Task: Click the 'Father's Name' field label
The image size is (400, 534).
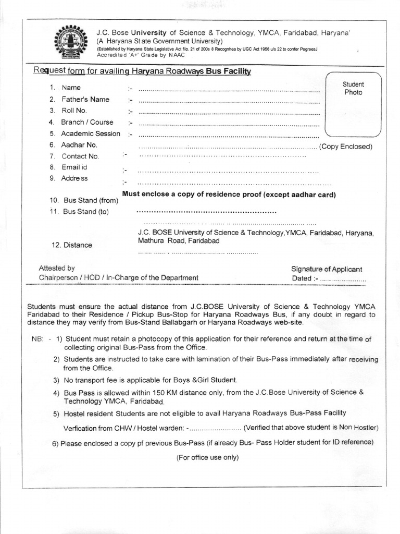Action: [x=85, y=99]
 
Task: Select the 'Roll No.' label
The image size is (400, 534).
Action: [x=74, y=111]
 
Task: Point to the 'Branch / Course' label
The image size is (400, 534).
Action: [x=87, y=122]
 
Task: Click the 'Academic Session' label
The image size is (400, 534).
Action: [x=91, y=133]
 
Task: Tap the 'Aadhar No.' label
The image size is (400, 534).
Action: [x=79, y=145]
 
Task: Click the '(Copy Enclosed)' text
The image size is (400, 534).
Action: [x=346, y=147]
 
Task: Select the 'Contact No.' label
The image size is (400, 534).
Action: [x=80, y=156]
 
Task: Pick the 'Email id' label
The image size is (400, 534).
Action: [x=74, y=167]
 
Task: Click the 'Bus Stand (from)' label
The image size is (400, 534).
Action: [x=91, y=200]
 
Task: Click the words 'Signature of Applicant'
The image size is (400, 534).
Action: [x=327, y=269]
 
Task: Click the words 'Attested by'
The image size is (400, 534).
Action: [x=57, y=268]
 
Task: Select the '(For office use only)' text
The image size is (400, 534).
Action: [x=207, y=457]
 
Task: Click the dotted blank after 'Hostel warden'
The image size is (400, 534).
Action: [x=214, y=428]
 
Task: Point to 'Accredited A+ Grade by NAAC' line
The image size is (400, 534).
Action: [x=137, y=55]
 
